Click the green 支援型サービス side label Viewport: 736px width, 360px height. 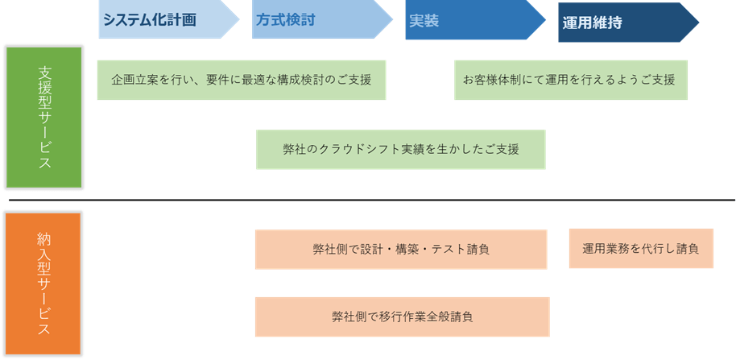(43, 118)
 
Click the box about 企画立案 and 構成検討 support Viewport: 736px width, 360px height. (241, 80)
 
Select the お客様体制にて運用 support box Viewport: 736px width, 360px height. (571, 80)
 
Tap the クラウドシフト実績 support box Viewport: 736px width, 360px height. (400, 150)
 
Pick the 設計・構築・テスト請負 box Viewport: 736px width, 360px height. (400, 250)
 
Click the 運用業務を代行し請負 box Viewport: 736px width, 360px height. (640, 249)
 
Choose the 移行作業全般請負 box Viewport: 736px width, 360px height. (401, 317)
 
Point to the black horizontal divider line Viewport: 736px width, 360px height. (370, 200)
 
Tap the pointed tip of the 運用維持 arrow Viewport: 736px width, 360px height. (697, 23)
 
